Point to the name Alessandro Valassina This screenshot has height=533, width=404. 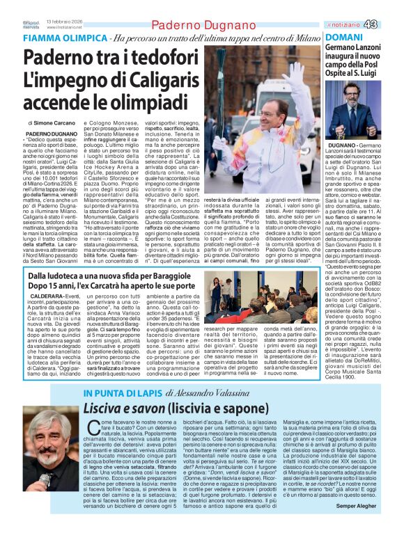pyautogui.click(x=211, y=393)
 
